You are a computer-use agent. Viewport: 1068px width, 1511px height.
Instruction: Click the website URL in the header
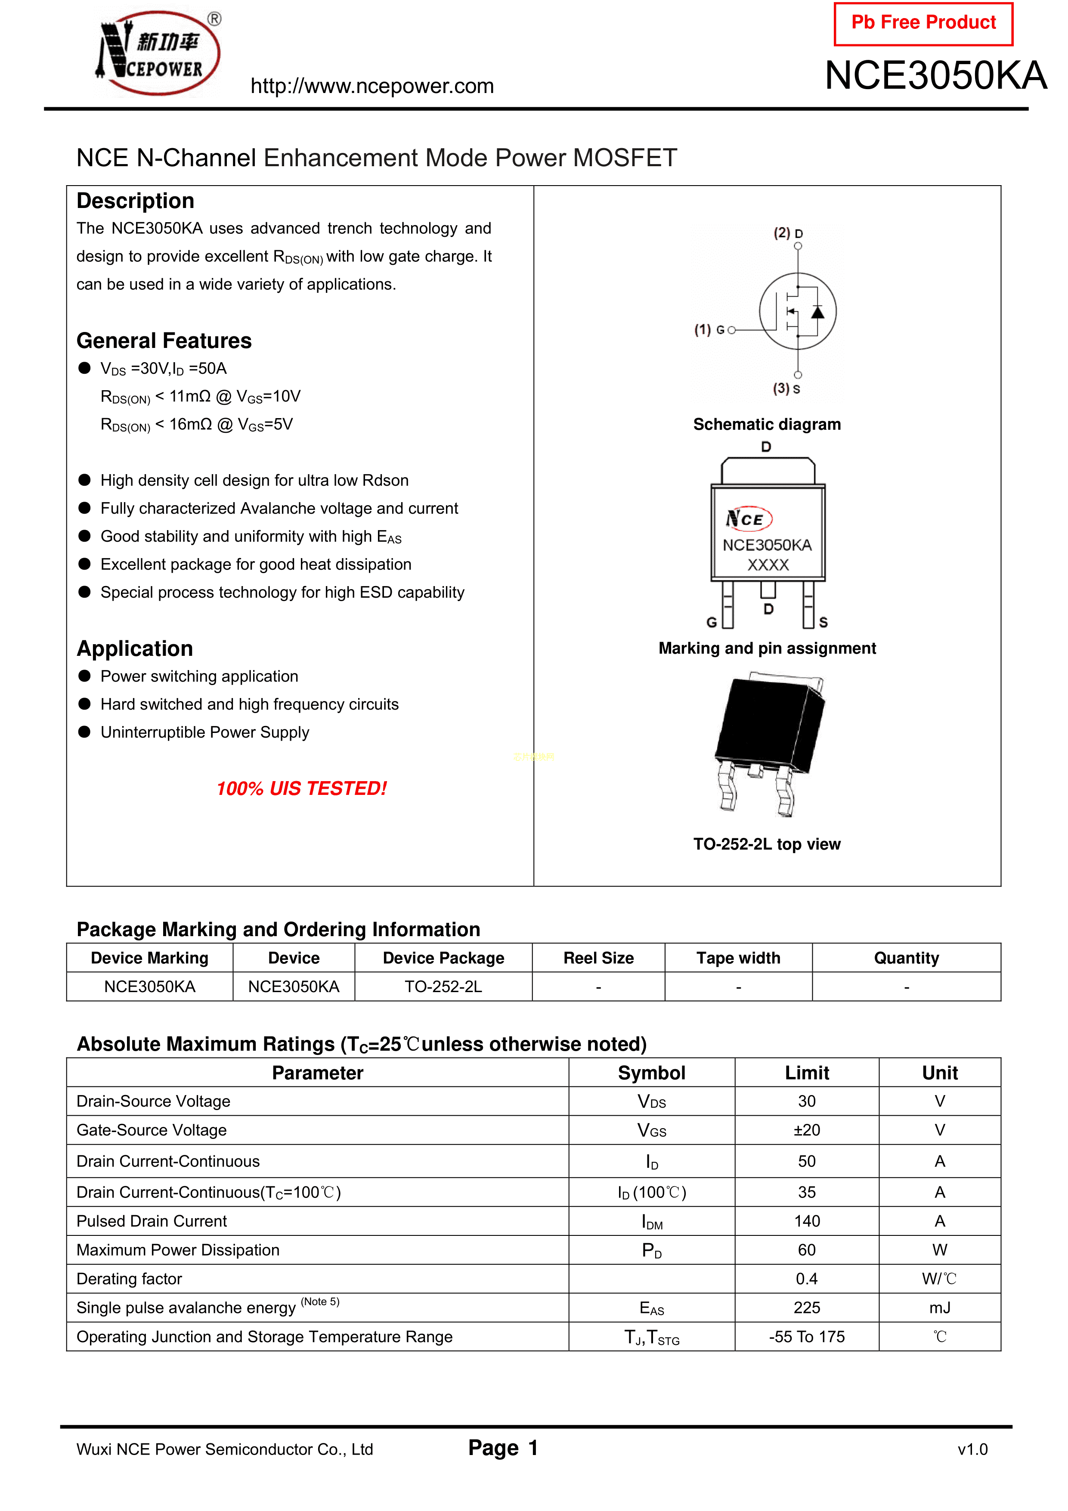(372, 86)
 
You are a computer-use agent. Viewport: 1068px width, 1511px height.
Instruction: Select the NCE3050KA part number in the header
(935, 76)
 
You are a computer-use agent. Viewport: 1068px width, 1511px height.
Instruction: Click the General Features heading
(164, 341)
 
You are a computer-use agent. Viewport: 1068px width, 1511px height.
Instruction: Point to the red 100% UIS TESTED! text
(301, 788)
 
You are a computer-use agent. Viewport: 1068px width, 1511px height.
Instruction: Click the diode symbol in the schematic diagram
(817, 312)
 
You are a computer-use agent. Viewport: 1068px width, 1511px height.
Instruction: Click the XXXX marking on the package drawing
(767, 565)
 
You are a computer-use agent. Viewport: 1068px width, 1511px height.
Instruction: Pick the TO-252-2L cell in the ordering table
(443, 987)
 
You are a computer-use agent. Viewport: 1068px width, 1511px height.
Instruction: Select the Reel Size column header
(598, 958)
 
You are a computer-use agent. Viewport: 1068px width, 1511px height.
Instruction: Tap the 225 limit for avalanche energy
(806, 1308)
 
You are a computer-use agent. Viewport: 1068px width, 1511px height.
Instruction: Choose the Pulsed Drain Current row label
(152, 1222)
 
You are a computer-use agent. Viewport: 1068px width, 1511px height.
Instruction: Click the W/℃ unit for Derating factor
(939, 1279)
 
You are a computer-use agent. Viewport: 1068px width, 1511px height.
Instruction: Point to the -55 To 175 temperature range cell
(806, 1337)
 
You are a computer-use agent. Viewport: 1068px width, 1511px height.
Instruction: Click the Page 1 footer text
(503, 1448)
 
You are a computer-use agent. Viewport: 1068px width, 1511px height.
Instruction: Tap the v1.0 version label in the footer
(972, 1449)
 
